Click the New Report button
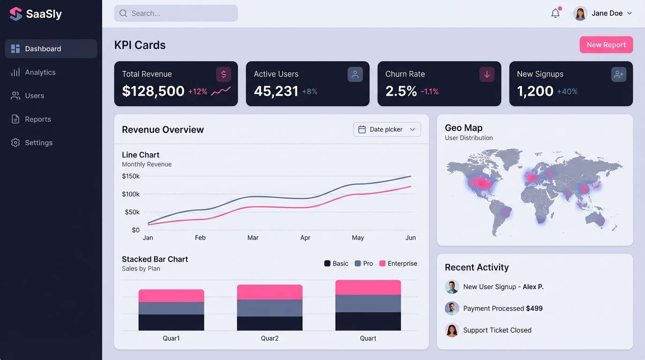click(606, 45)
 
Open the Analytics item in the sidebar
click(40, 72)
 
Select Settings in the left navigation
click(38, 142)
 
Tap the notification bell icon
click(555, 14)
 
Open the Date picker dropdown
click(387, 129)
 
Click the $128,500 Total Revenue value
click(153, 91)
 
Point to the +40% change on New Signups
click(567, 92)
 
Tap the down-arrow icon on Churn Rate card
click(487, 75)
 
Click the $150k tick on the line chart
click(131, 176)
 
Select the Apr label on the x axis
click(305, 238)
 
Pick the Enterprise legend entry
click(398, 263)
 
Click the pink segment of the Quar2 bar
click(270, 292)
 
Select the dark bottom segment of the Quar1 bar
click(171, 322)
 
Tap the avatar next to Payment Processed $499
click(452, 308)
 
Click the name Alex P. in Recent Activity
click(533, 287)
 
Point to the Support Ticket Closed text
click(497, 330)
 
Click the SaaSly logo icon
click(16, 14)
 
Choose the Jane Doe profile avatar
click(580, 14)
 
